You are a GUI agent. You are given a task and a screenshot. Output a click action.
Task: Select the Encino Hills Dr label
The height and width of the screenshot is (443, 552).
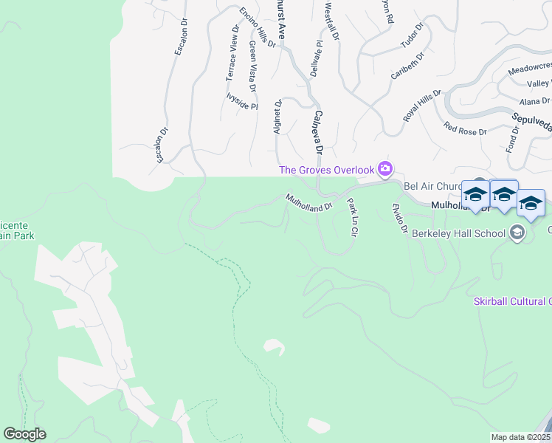257,28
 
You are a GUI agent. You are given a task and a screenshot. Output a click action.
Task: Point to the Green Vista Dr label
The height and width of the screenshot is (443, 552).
252,66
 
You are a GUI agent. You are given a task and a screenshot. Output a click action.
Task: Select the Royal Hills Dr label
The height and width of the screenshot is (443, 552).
421,106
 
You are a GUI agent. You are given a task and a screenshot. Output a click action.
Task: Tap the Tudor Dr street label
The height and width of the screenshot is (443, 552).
413,35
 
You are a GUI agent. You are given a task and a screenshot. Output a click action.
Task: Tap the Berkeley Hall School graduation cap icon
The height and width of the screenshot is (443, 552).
517,233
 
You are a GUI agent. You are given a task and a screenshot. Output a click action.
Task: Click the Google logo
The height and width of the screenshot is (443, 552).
24,434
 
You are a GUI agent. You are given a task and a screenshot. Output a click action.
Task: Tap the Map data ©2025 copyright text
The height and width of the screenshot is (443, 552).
520,437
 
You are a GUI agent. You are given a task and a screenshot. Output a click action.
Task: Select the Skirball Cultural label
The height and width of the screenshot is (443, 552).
512,301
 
